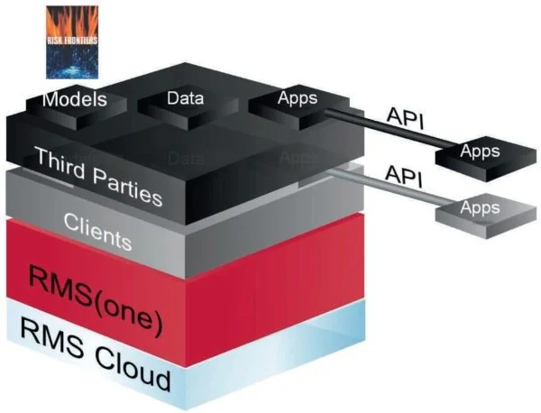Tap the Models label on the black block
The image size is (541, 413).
(x=75, y=98)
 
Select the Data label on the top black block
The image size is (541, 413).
(x=186, y=97)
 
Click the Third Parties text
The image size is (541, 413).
(x=98, y=176)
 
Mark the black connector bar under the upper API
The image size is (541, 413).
(x=388, y=131)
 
